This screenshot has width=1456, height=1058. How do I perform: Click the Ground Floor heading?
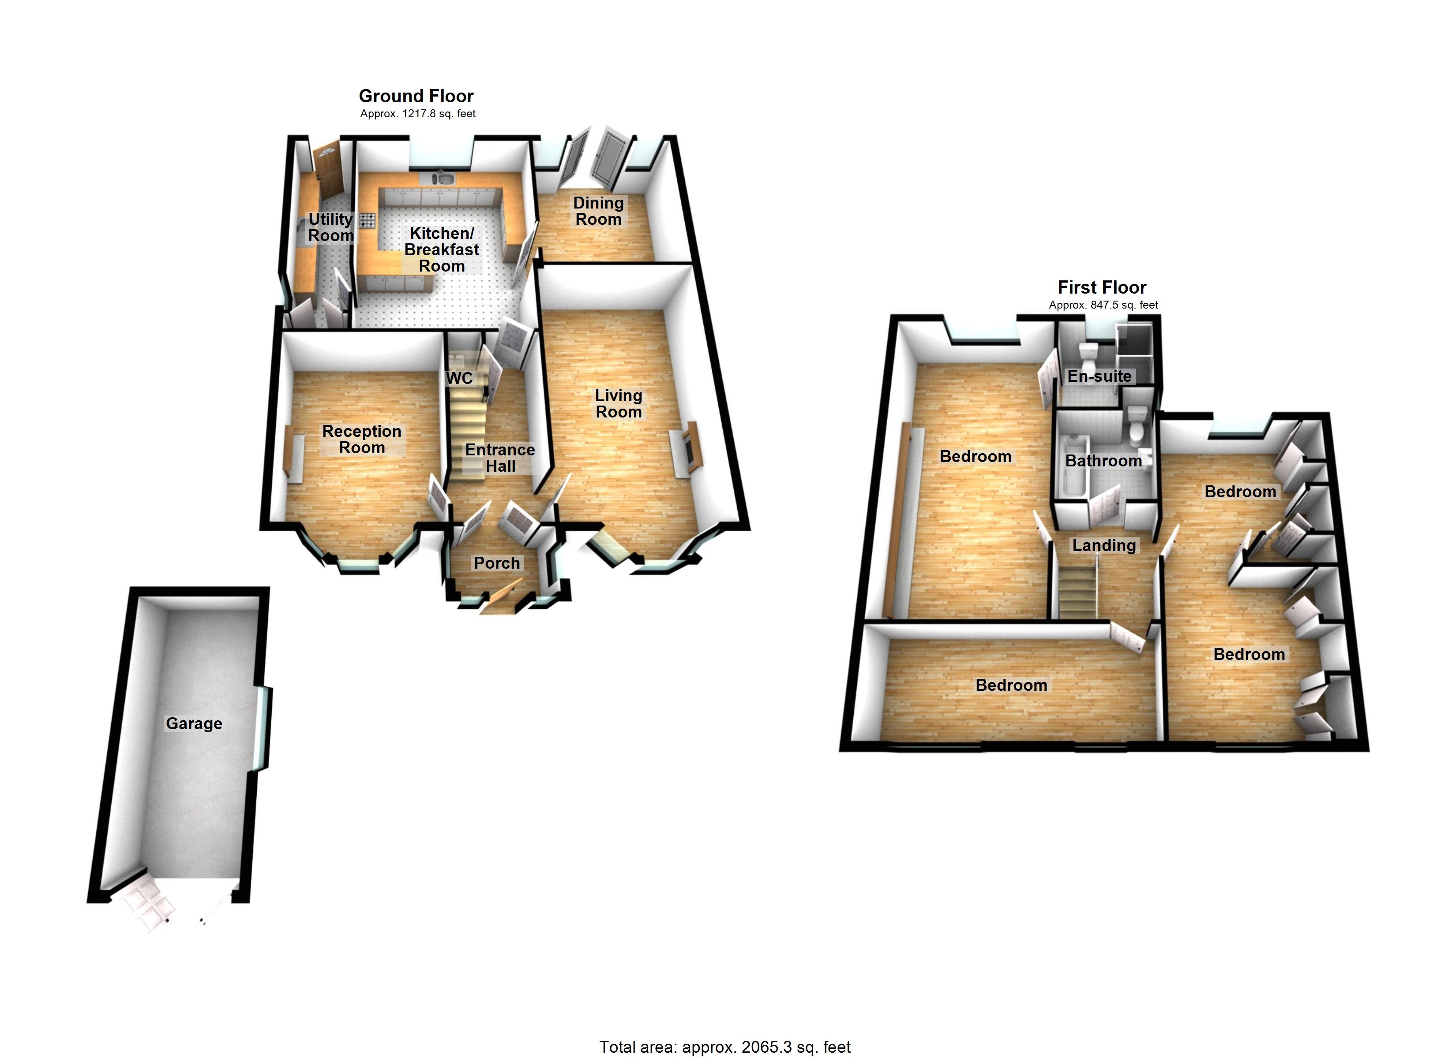pyautogui.click(x=416, y=96)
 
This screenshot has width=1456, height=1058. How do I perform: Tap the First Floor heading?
pyautogui.click(x=1102, y=287)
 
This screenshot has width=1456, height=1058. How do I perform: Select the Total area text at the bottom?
pyautogui.click(x=725, y=1047)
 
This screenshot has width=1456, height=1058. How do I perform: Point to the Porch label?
pyautogui.click(x=497, y=563)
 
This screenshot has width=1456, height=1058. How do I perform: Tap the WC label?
pyautogui.click(x=460, y=379)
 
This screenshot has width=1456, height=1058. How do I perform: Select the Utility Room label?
pyautogui.click(x=330, y=227)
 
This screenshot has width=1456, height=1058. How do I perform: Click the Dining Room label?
pyautogui.click(x=598, y=211)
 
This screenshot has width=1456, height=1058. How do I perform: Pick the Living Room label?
pyautogui.click(x=618, y=403)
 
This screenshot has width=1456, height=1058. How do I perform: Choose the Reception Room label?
pyautogui.click(x=362, y=440)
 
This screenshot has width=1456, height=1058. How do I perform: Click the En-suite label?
pyautogui.click(x=1099, y=376)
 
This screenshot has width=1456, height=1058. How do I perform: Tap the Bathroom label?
pyautogui.click(x=1103, y=461)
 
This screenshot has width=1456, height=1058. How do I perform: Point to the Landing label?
pyautogui.click(x=1104, y=545)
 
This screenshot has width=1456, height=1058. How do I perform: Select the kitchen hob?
pyautogui.click(x=367, y=221)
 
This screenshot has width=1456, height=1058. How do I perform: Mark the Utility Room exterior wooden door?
pyautogui.click(x=329, y=170)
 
